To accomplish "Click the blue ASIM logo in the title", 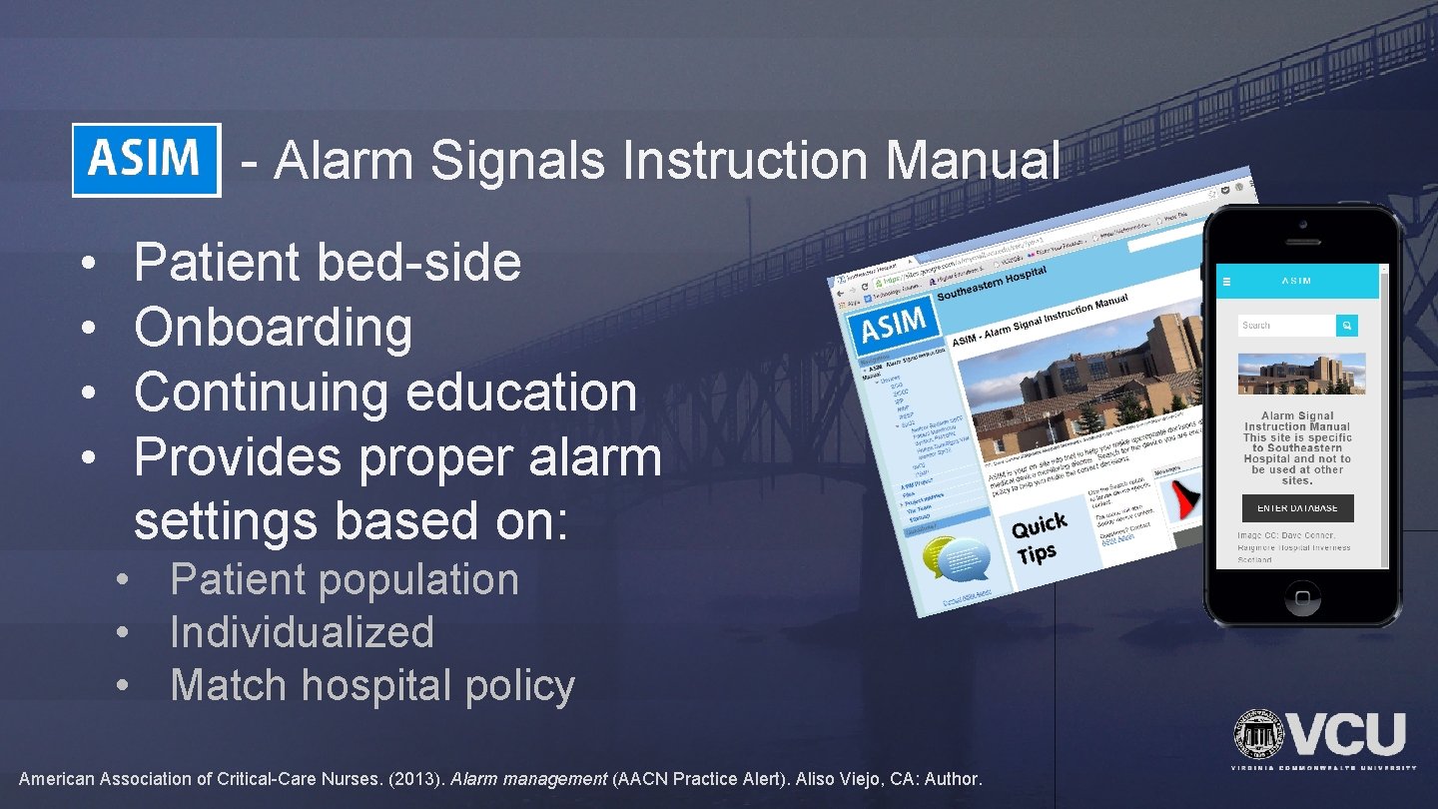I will pyautogui.click(x=146, y=160).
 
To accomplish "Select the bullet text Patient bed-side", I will pyautogui.click(x=328, y=263).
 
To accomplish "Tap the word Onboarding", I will pyautogui.click(x=273, y=328).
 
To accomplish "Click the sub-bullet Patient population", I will pyautogui.click(x=345, y=580).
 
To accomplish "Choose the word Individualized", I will pyautogui.click(x=302, y=632).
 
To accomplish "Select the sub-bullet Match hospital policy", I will pyautogui.click(x=372, y=686).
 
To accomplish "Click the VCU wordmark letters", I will pyautogui.click(x=1348, y=736).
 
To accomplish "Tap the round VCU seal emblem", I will pyautogui.click(x=1259, y=736).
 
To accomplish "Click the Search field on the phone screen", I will pyautogui.click(x=1286, y=326).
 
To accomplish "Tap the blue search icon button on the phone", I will pyautogui.click(x=1347, y=326).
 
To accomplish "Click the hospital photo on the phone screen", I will pyautogui.click(x=1301, y=374).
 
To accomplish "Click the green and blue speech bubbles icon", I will pyautogui.click(x=956, y=558).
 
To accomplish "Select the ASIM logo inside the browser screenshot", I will pyautogui.click(x=893, y=326).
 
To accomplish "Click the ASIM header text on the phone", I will pyautogui.click(x=1296, y=281).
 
